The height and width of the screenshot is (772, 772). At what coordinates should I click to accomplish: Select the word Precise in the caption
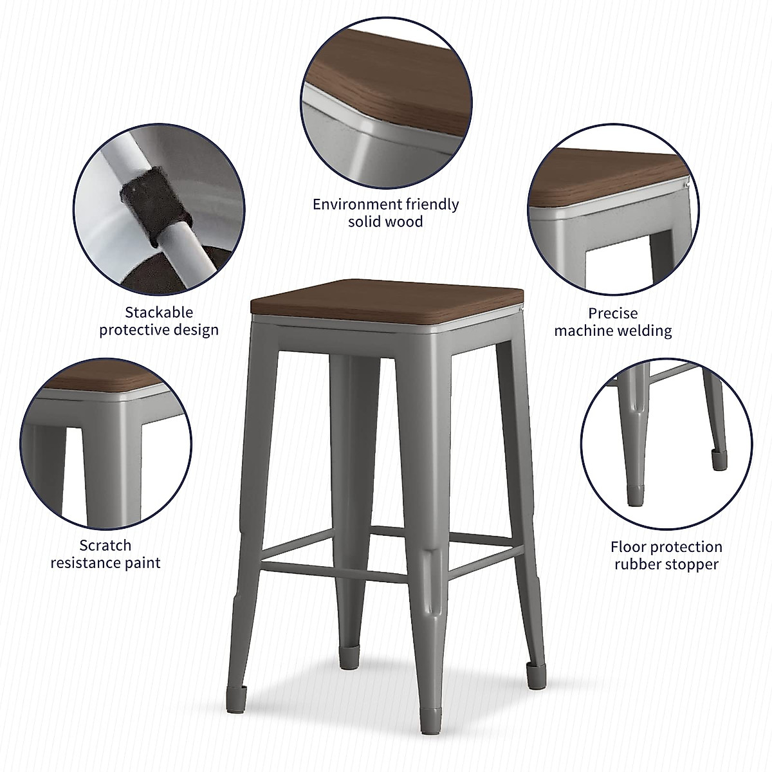click(x=613, y=313)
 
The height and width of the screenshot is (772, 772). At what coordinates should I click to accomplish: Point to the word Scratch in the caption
click(x=106, y=546)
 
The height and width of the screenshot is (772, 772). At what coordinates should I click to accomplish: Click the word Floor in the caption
click(x=629, y=547)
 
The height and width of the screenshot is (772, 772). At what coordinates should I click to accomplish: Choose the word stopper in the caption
click(x=692, y=565)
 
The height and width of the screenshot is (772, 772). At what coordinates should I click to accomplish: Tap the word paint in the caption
click(x=142, y=563)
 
